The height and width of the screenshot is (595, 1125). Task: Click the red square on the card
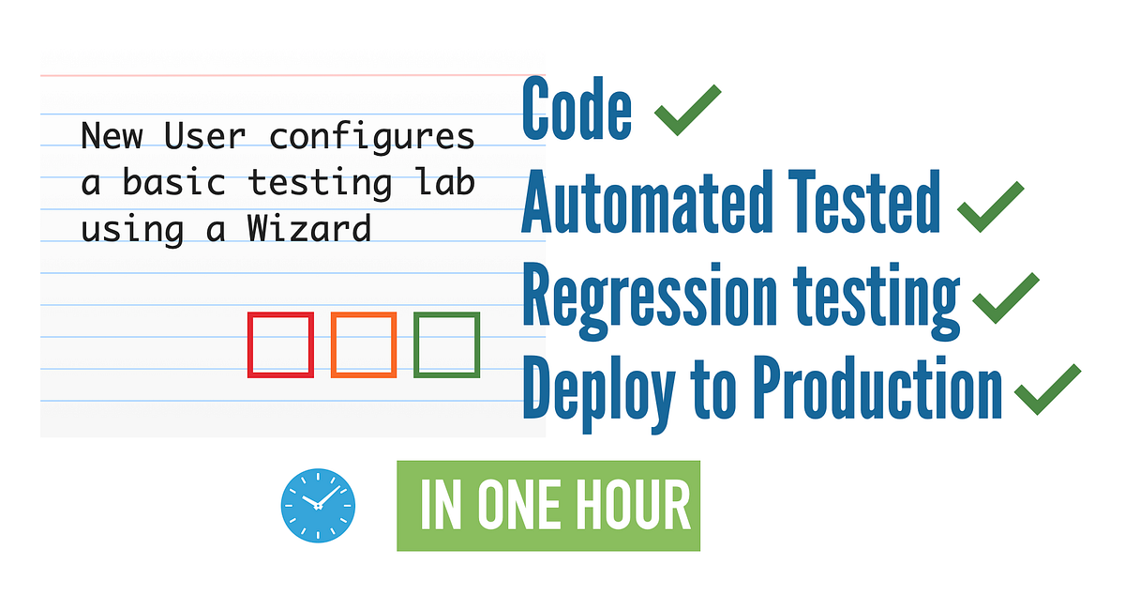(280, 345)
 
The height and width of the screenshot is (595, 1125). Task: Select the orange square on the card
(364, 345)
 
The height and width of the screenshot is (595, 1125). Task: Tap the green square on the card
(447, 345)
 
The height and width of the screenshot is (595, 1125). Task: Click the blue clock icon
(318, 506)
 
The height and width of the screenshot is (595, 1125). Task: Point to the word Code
(577, 109)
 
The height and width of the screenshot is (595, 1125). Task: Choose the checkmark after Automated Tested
(991, 204)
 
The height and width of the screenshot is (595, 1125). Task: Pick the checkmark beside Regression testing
(1007, 298)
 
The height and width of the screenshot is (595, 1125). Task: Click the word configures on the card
(372, 136)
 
